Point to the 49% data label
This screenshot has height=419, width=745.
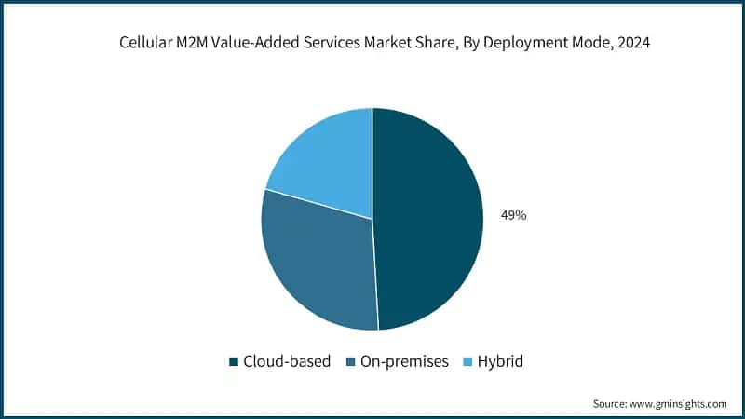514,215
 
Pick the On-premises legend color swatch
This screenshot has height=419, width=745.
349,361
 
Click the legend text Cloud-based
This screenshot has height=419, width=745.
287,361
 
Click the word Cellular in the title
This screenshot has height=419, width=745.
148,42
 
